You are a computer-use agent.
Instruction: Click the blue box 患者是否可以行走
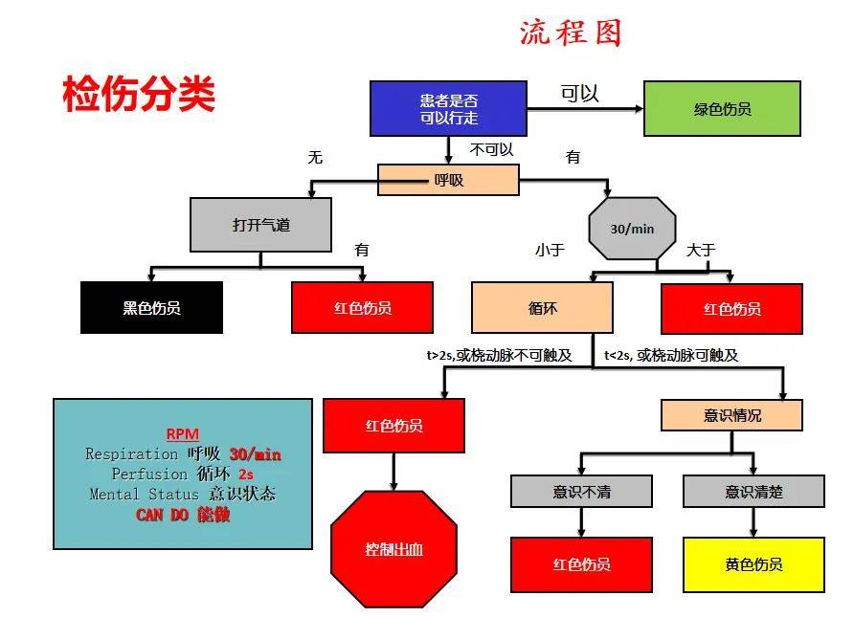click(x=448, y=108)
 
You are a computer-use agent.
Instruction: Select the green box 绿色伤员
click(x=722, y=108)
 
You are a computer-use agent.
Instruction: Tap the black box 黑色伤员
click(x=151, y=307)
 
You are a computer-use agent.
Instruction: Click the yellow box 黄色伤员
click(x=753, y=564)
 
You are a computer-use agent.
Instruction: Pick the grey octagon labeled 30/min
click(x=632, y=229)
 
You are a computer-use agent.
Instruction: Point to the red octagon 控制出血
click(x=393, y=549)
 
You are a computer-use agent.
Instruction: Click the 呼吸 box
click(x=448, y=180)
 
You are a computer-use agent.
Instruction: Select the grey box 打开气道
click(x=260, y=225)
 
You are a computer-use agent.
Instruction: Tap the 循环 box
click(x=543, y=307)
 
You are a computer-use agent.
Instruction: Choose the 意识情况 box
click(x=731, y=415)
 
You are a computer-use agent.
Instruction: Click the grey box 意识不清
click(x=581, y=492)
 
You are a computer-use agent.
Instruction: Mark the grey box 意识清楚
click(x=753, y=492)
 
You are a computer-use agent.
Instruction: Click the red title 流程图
click(x=571, y=33)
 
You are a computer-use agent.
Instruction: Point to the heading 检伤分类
click(x=139, y=94)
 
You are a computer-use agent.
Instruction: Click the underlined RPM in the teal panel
click(x=183, y=433)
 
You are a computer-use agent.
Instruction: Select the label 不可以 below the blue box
click(x=491, y=149)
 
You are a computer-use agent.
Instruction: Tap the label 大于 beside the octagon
click(x=701, y=250)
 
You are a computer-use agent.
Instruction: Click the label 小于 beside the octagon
click(x=550, y=250)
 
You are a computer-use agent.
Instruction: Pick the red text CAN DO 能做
click(x=183, y=515)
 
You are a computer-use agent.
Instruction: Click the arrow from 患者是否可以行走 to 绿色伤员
click(x=586, y=109)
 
